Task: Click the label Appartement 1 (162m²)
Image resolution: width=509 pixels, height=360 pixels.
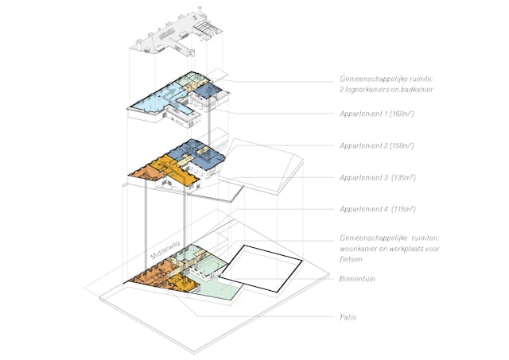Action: (377, 114)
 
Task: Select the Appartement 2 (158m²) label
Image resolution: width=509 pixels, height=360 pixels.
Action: (377, 145)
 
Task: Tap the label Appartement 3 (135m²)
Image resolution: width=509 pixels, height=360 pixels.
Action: (378, 178)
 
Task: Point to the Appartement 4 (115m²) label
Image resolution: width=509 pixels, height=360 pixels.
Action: (378, 209)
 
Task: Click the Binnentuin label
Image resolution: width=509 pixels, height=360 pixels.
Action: (357, 279)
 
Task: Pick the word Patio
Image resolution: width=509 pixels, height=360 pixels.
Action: (348, 317)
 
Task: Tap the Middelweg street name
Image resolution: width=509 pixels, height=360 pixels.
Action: (165, 250)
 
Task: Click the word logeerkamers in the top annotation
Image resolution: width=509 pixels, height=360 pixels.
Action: (368, 90)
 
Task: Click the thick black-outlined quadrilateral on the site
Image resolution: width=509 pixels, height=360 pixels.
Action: (262, 269)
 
